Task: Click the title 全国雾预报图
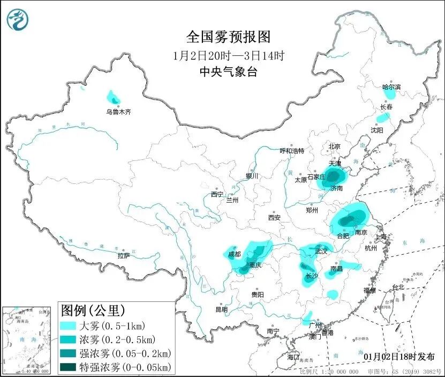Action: point(228,37)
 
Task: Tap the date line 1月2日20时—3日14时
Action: point(228,55)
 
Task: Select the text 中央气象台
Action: point(228,72)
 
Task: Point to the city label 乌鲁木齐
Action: point(118,112)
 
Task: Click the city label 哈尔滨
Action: point(391,86)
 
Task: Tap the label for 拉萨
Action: point(124,256)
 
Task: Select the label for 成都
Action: point(235,254)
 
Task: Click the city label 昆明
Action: point(221,309)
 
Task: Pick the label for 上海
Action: point(382,236)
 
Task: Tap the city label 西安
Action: point(274,218)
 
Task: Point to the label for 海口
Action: point(293,357)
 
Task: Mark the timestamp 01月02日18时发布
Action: point(399,357)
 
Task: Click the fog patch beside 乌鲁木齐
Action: point(114,98)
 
